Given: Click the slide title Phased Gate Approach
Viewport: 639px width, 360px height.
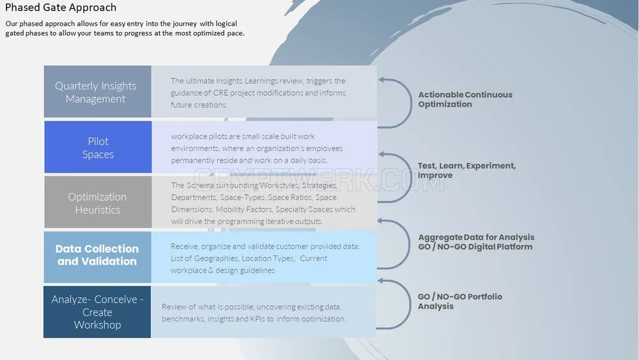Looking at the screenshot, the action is (61, 7).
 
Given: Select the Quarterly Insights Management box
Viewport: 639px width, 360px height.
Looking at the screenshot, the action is (97, 91).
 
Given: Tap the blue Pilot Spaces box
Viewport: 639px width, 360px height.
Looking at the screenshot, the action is (98, 147).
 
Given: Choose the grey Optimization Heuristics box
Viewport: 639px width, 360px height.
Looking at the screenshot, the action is (98, 202).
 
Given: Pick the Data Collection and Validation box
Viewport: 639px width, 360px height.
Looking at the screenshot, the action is (97, 257).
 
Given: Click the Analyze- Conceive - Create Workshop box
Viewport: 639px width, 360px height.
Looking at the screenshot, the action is (97, 312).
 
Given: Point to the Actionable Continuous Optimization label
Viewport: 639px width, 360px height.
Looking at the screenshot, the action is (465, 99).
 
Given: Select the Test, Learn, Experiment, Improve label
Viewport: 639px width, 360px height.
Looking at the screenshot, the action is (466, 171).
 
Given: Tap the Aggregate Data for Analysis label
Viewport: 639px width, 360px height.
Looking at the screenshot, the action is (476, 237).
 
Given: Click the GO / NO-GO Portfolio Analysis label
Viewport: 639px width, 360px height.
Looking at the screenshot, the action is (459, 301).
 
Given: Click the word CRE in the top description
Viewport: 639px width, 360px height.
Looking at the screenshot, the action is (220, 93).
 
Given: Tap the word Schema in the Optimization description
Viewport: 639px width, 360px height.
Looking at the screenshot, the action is (200, 185).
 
